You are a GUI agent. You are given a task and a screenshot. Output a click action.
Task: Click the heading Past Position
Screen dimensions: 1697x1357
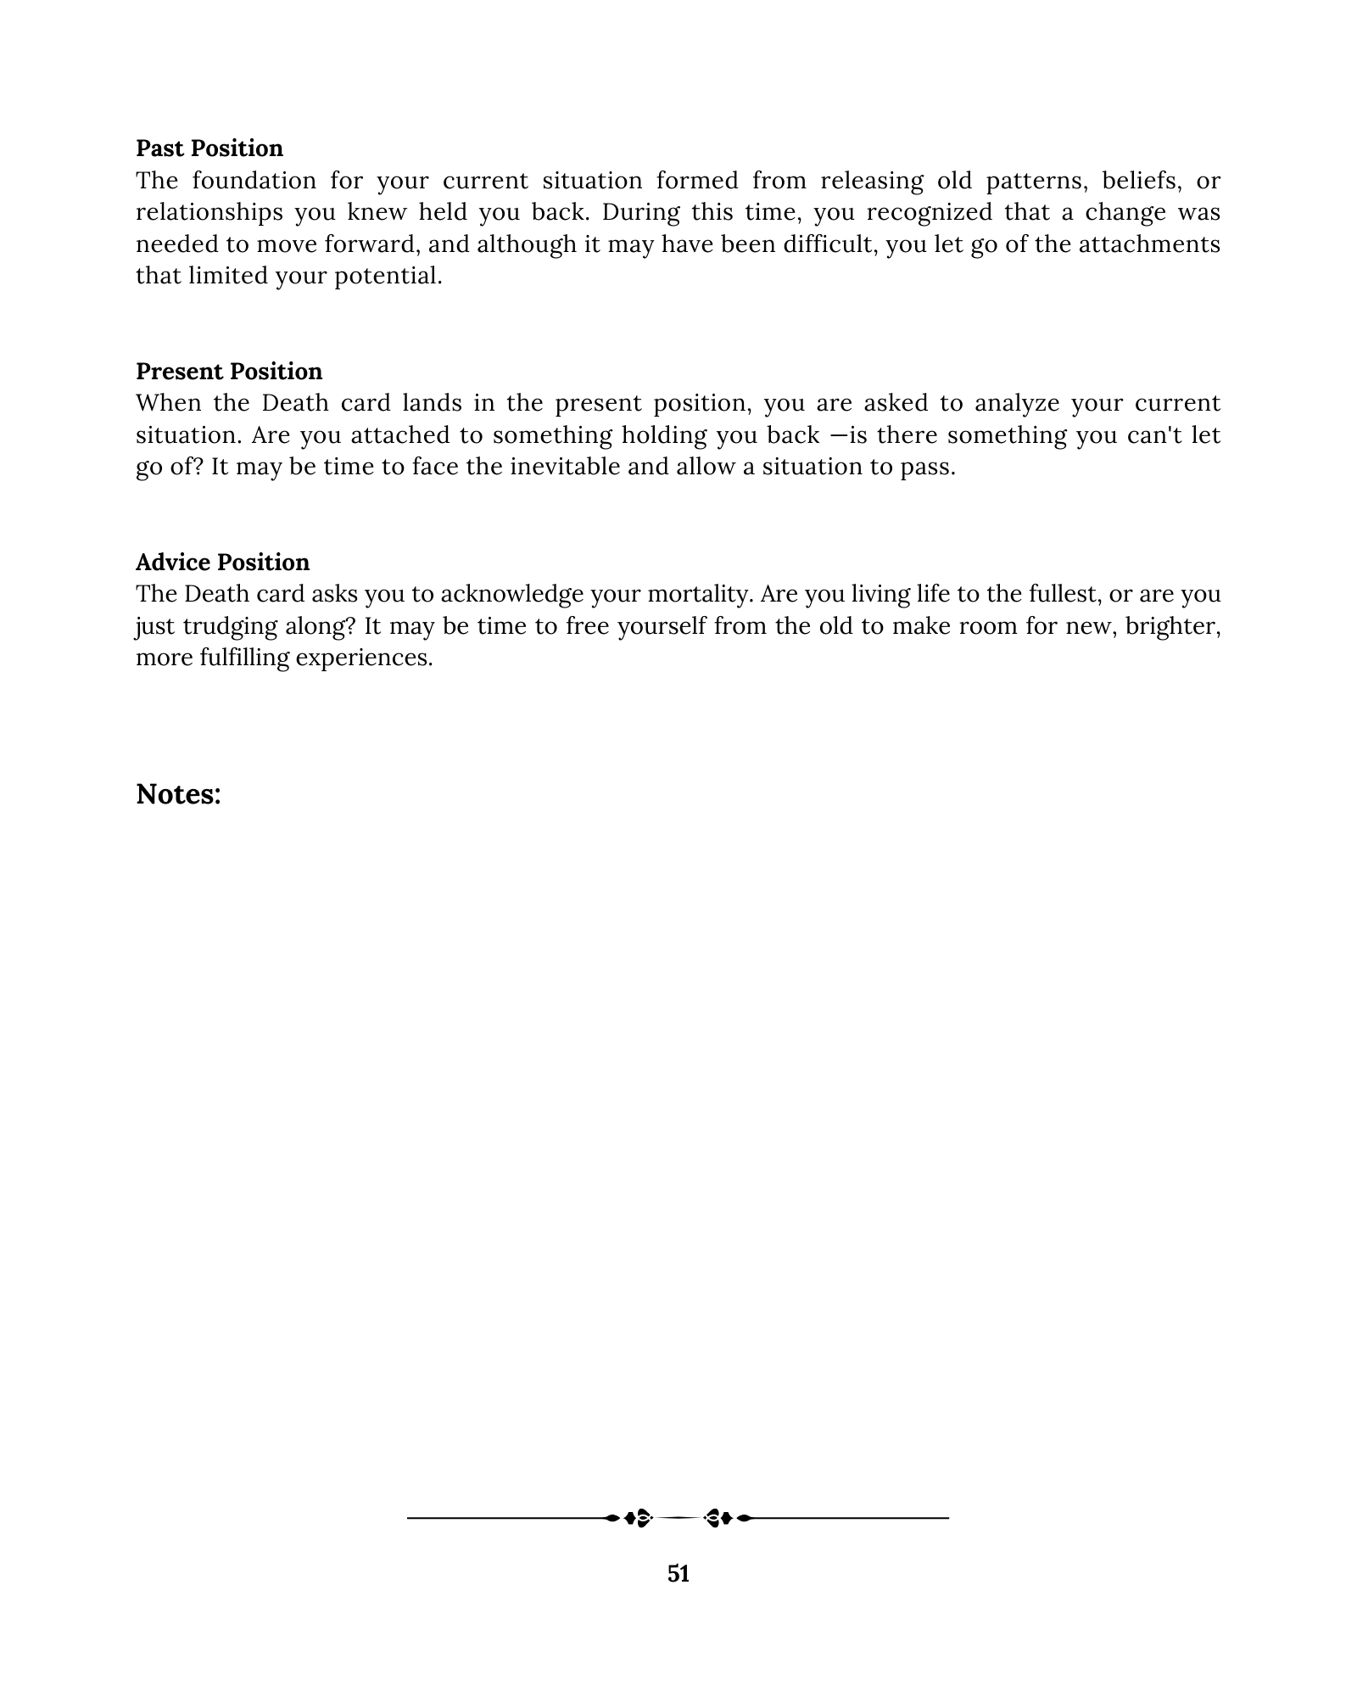tap(209, 148)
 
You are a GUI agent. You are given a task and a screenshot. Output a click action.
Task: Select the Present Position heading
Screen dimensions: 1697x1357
tap(229, 372)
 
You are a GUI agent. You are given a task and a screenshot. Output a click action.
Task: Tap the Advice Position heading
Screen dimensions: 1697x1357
tap(222, 563)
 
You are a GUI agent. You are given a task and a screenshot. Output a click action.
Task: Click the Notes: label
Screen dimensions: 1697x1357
tap(178, 794)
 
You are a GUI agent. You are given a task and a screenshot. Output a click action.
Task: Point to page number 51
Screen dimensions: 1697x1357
tap(678, 1574)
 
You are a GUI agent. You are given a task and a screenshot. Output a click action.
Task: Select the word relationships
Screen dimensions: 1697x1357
tap(209, 213)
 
